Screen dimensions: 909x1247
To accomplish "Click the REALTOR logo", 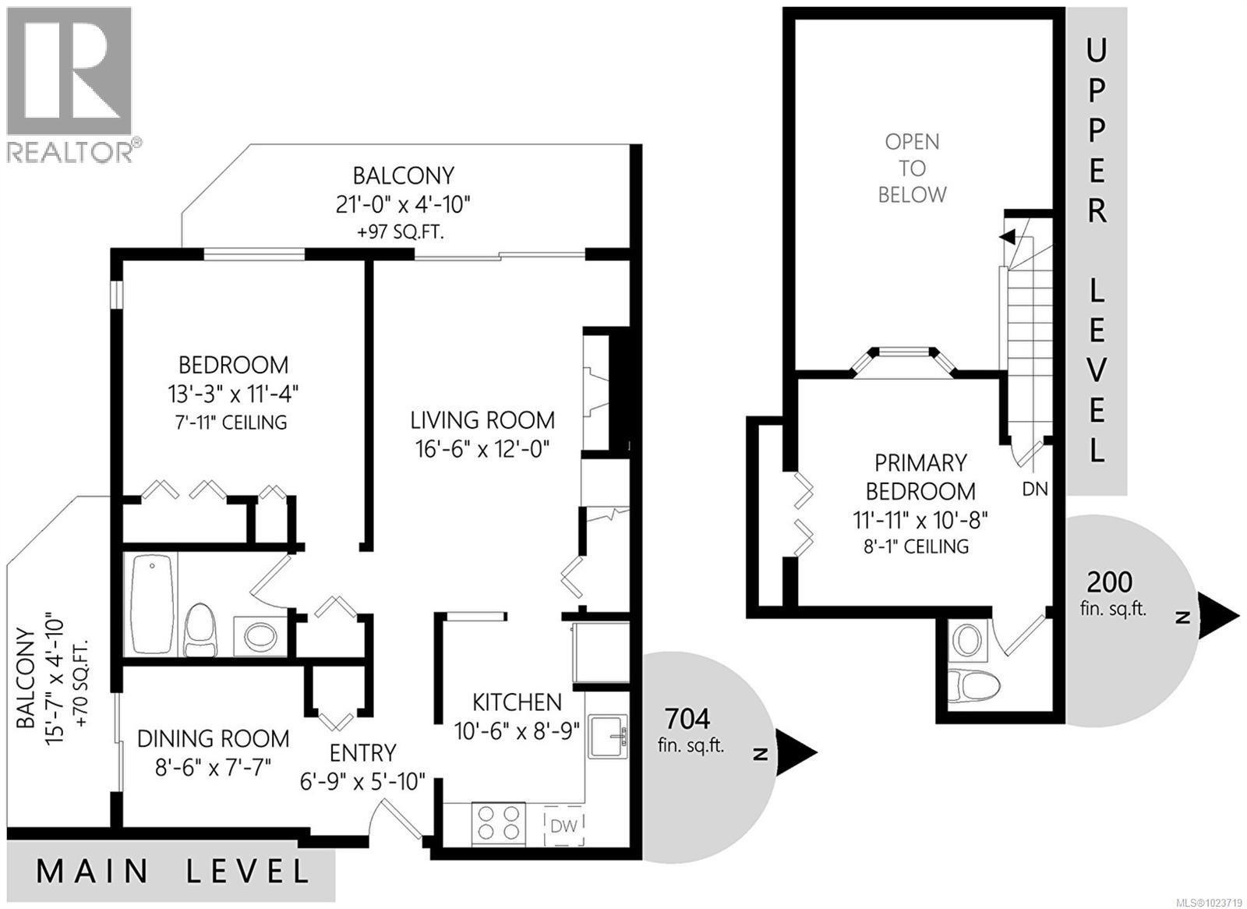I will (x=69, y=83).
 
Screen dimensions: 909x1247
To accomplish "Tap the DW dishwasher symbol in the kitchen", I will (x=563, y=825).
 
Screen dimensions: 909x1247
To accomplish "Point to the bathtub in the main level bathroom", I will (x=150, y=603).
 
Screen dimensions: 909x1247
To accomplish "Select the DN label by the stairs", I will (x=1034, y=490).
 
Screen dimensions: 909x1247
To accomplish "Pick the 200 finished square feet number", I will (x=1110, y=582).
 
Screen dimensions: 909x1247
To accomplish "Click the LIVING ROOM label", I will (x=482, y=420).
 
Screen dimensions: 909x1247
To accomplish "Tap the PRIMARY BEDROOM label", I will (x=920, y=477).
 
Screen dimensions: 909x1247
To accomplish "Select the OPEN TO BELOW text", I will (x=912, y=168).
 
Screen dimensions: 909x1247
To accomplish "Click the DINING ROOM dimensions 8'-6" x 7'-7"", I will (x=213, y=766).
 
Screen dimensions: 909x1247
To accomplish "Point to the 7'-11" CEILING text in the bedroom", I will (x=232, y=423).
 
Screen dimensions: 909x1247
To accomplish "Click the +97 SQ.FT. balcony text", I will (x=401, y=232).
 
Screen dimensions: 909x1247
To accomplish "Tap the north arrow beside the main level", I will (x=795, y=753).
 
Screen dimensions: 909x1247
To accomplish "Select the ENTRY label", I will (x=362, y=753).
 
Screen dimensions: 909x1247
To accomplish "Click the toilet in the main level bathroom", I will (x=200, y=630).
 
